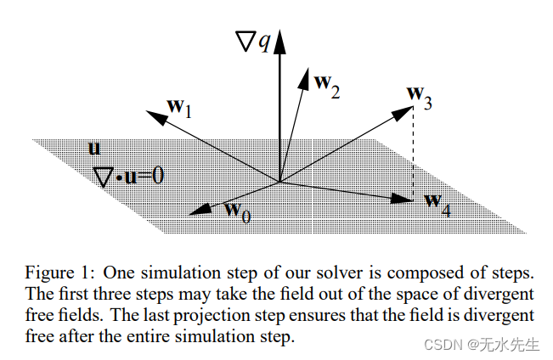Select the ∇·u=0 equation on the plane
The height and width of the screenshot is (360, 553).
coord(128,176)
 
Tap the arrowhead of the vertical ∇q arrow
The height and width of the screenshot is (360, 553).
coord(279,38)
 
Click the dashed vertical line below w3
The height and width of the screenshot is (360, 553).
coord(413,153)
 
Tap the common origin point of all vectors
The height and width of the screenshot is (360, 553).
coord(279,180)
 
